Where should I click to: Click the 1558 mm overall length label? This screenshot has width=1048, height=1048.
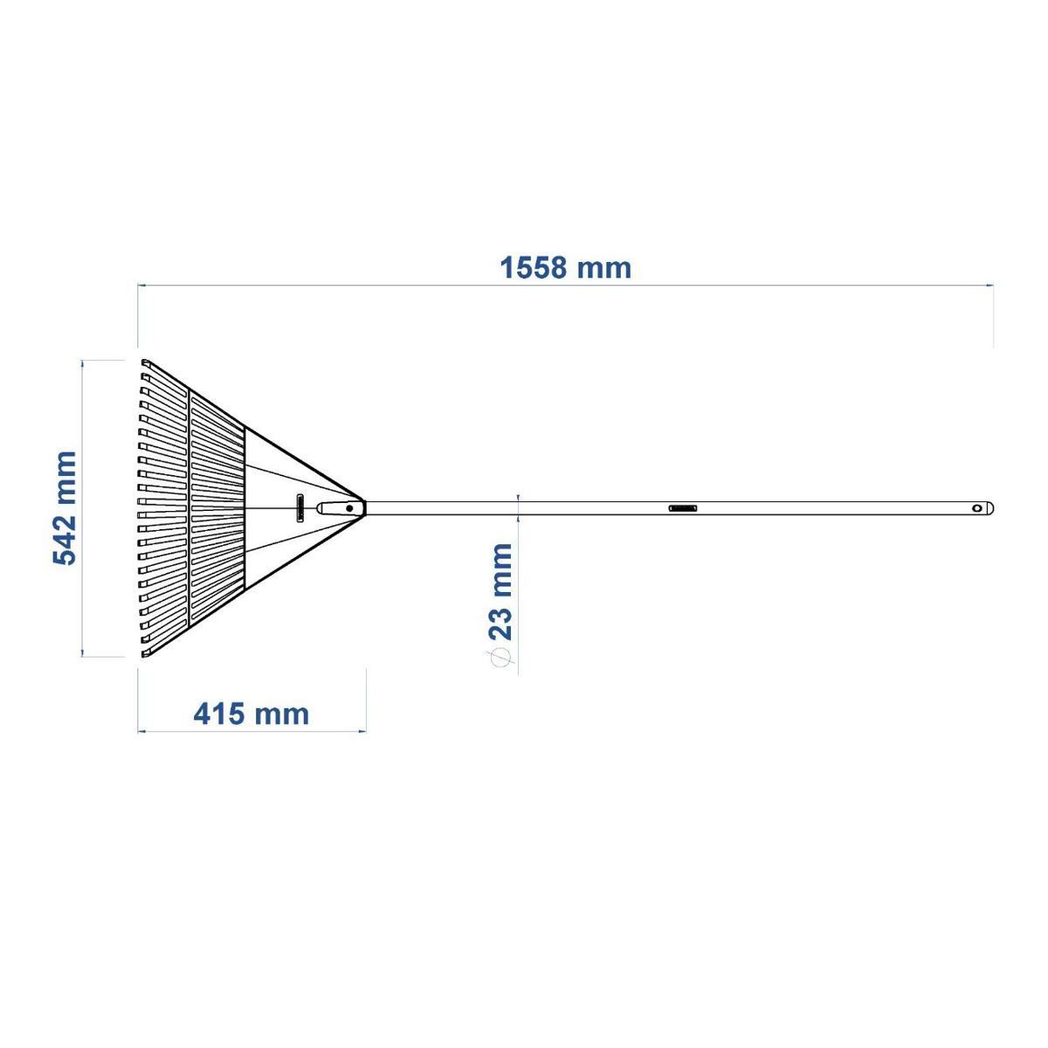(565, 266)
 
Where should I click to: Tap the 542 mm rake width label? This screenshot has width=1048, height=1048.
(65, 508)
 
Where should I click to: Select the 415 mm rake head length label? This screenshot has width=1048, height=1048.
(251, 714)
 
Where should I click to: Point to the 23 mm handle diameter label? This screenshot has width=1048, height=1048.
(500, 593)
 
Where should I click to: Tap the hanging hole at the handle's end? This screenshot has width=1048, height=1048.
(976, 508)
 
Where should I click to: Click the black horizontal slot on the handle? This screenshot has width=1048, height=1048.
(683, 507)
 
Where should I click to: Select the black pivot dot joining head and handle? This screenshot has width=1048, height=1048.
(349, 507)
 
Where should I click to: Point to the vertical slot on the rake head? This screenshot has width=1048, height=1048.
(300, 507)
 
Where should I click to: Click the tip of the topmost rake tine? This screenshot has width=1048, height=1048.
(145, 362)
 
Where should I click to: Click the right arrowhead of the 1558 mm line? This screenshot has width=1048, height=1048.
(989, 285)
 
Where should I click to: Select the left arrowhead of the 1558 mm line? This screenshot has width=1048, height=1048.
(141, 285)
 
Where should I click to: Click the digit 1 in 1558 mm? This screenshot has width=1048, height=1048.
(507, 266)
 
